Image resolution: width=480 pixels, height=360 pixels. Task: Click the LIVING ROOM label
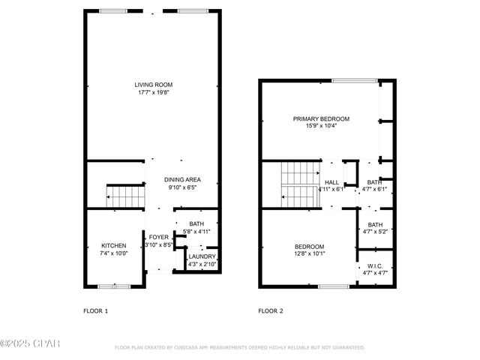point(151,85)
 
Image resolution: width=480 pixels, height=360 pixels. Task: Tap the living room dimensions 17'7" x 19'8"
point(151,93)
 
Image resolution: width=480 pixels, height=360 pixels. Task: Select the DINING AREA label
point(182,179)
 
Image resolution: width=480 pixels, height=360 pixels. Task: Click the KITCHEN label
point(114,245)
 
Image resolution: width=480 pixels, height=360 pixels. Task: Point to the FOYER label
point(158,237)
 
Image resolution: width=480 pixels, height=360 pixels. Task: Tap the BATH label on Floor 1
point(196,223)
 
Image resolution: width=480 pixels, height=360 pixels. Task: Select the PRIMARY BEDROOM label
point(321,118)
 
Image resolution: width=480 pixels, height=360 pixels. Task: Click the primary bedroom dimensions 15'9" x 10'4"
point(321,127)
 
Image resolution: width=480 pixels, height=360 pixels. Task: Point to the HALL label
point(331,182)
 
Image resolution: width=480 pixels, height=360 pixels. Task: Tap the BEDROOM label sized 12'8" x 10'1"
point(309,247)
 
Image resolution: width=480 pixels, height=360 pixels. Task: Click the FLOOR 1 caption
point(95,310)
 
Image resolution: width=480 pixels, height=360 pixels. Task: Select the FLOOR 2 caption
point(271,310)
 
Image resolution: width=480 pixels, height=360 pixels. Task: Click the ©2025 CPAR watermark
point(25,344)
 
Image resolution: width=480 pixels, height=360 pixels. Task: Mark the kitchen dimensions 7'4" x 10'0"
point(114,253)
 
